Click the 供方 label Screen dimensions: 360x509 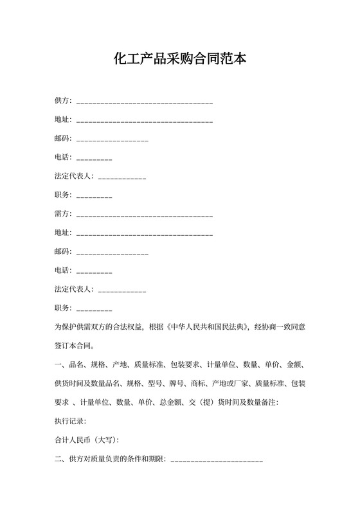click(x=63, y=102)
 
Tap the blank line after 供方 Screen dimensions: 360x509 click(x=145, y=103)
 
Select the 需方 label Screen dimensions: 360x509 click(x=63, y=213)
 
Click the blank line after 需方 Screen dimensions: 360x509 click(x=145, y=215)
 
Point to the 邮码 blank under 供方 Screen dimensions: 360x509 click(x=113, y=140)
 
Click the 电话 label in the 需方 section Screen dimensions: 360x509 click(x=63, y=270)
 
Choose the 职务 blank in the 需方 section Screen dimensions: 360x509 click(x=94, y=308)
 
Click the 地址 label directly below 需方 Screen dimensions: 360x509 click(x=63, y=232)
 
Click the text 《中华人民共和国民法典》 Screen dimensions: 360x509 click(x=208, y=327)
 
